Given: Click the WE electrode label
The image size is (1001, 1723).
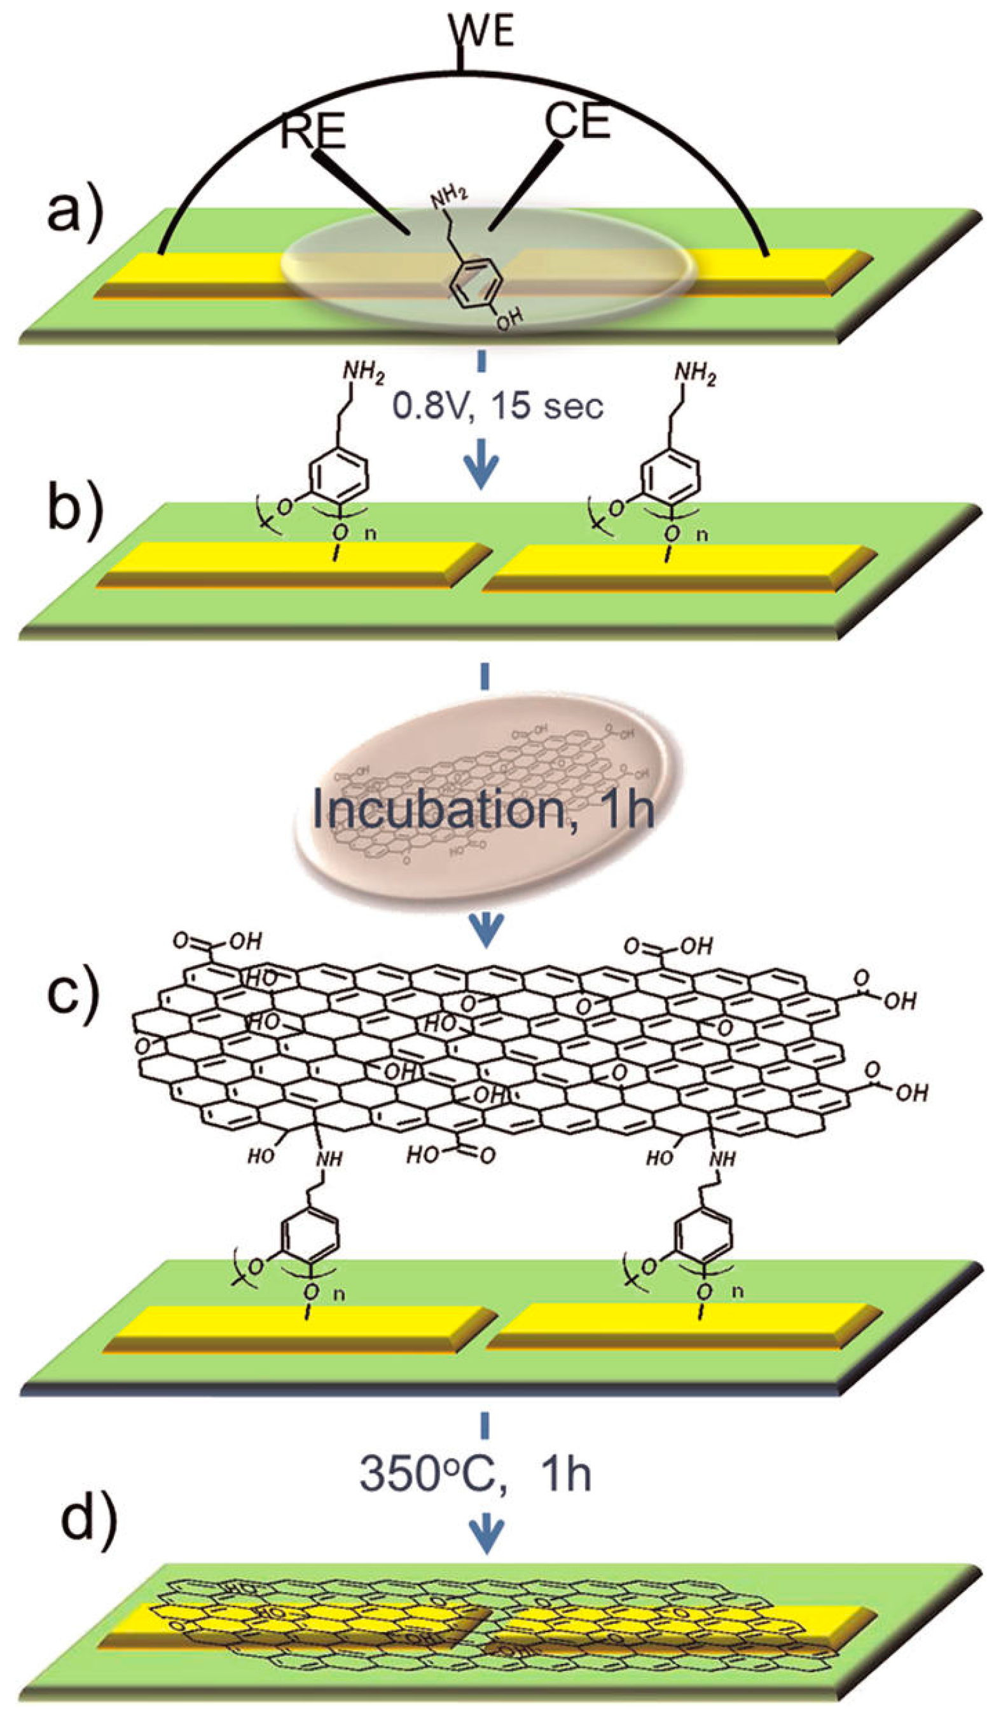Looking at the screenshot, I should point(481,31).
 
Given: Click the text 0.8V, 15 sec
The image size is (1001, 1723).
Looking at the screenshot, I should point(497,406).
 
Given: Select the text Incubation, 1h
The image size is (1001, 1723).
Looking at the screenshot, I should point(483,809).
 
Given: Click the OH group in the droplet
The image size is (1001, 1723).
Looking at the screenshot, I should point(509,319).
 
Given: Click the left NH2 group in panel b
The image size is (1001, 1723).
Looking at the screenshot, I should point(363,373).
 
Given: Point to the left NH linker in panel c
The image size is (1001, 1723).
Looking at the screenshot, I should point(329,1158).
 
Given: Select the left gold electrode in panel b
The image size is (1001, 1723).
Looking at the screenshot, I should point(294,564).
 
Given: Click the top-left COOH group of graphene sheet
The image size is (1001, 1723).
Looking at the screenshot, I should point(217,942).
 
